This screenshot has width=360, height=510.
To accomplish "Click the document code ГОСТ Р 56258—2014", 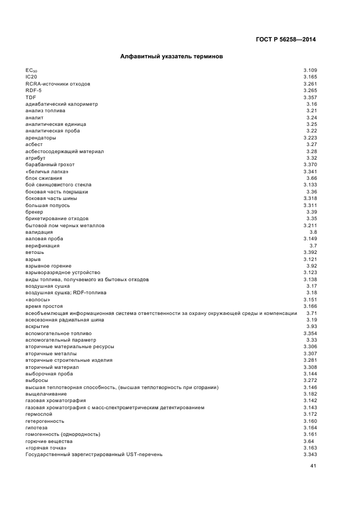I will click(286, 39).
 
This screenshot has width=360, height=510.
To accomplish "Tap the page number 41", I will click(313, 466).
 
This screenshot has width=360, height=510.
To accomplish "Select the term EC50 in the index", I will click(32, 71).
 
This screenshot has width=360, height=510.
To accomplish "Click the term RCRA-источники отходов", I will click(58, 84).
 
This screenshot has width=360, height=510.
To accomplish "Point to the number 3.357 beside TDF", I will click(310, 97).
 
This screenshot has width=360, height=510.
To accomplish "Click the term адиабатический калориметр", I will click(62, 104).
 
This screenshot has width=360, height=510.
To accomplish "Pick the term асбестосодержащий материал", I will click(64, 151).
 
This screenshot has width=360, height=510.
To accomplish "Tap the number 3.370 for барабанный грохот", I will click(310, 165).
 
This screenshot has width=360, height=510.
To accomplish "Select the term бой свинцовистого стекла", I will click(60, 185).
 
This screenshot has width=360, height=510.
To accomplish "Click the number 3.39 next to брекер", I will click(312, 212).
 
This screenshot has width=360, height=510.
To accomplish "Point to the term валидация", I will click(39, 232).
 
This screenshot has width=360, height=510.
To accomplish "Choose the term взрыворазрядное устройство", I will click(63, 272).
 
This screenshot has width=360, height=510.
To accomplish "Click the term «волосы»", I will click(38, 300).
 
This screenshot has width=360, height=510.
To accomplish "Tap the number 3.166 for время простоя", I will click(310, 306).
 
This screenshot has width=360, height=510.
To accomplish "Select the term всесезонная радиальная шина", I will click(64, 320).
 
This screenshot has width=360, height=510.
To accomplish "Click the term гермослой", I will click(37, 414).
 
